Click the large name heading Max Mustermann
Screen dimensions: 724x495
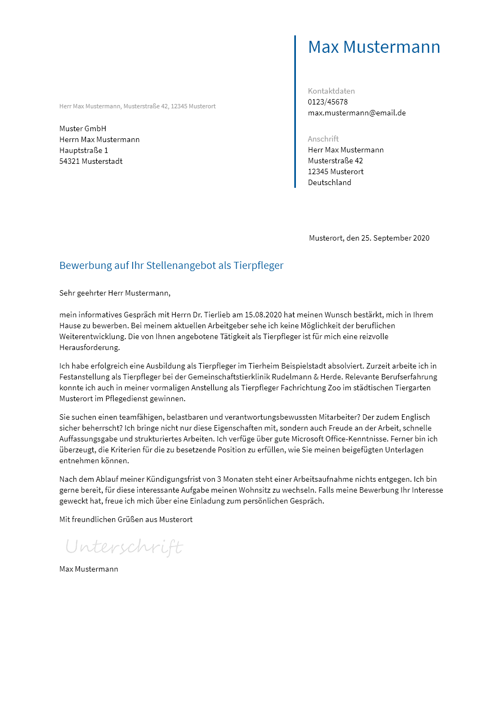pos(374,47)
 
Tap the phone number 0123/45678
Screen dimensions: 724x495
pos(327,102)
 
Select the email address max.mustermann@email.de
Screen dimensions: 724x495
pos(357,113)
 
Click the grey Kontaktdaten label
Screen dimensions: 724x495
pos(331,91)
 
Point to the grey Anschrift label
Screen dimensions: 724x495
pos(323,139)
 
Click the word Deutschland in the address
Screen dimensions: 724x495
pos(330,182)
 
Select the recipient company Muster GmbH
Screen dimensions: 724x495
pos(83,128)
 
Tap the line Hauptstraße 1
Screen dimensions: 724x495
pos(84,150)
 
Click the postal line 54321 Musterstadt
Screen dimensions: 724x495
pos(91,161)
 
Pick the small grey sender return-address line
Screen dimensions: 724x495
pos(137,106)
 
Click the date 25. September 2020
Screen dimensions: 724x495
pos(395,238)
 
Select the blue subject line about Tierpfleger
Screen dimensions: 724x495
pos(171,266)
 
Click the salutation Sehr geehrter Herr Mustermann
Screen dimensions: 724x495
pos(115,293)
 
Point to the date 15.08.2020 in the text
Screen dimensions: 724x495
pos(263,315)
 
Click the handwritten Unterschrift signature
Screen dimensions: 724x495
pos(124,547)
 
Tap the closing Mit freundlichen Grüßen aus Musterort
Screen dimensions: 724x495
pos(126,519)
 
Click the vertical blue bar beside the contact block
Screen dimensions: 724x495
pos(295,112)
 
